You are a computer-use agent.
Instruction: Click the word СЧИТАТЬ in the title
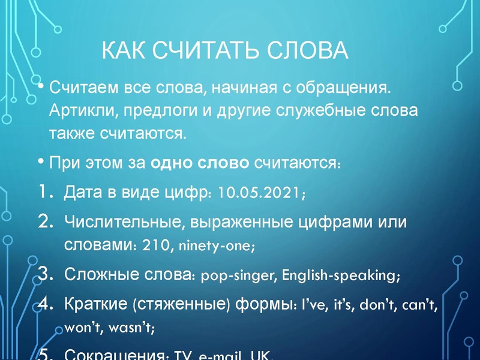tap(209, 51)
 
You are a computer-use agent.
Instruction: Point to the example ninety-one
tap(210, 246)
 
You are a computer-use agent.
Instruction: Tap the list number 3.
tap(46, 275)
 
